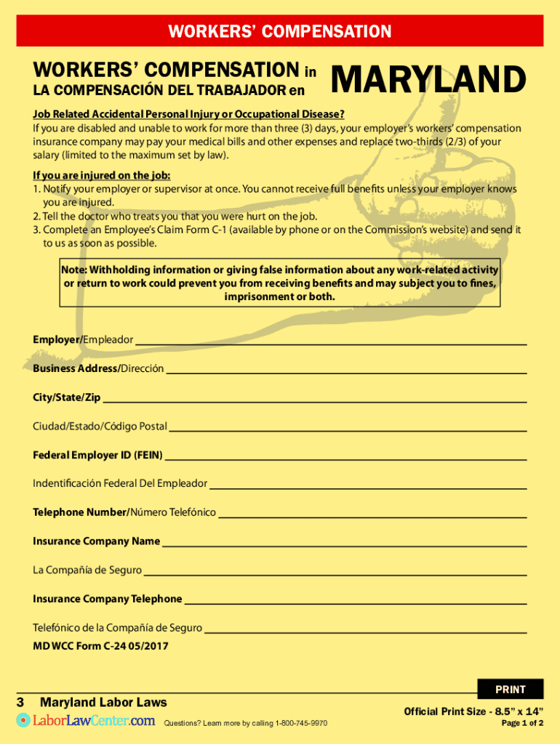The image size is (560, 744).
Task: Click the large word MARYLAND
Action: (x=428, y=80)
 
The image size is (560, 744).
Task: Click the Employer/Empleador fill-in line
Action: (x=331, y=343)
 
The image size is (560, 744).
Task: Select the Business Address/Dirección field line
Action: (x=346, y=372)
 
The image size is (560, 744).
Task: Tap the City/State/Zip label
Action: (x=67, y=397)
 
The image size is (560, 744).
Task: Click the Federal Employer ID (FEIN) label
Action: (x=97, y=456)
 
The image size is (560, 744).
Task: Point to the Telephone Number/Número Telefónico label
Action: (x=124, y=512)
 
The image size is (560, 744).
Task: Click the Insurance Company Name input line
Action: (x=343, y=545)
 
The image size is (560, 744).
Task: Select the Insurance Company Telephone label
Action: (x=107, y=599)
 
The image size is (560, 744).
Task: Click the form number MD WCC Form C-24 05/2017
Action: (x=100, y=645)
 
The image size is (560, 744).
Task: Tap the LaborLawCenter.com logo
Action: (x=86, y=721)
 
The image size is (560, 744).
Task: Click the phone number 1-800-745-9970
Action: (x=300, y=724)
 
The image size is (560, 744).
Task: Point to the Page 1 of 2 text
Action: (x=522, y=723)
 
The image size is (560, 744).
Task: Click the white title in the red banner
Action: (x=280, y=31)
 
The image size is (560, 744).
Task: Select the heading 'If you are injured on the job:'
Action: (x=102, y=176)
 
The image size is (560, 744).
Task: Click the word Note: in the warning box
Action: (x=74, y=270)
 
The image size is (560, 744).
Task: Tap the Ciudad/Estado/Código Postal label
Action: (x=100, y=426)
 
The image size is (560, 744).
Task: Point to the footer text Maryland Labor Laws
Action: (x=103, y=702)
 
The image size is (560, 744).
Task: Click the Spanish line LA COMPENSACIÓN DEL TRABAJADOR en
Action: (x=169, y=91)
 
